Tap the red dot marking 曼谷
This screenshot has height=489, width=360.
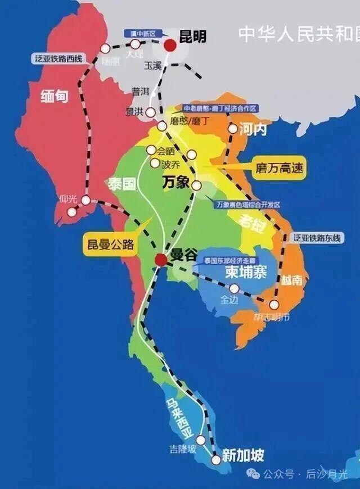click(161, 259)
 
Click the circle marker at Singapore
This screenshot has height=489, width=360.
click(215, 460)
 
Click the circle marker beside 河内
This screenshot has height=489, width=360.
click(232, 129)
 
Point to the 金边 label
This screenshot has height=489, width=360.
click(229, 300)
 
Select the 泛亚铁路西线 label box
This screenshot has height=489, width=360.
click(58, 58)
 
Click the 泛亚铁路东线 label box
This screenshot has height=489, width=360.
click(317, 238)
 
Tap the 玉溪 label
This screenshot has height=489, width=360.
click(152, 65)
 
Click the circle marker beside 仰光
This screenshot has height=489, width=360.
click(72, 212)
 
